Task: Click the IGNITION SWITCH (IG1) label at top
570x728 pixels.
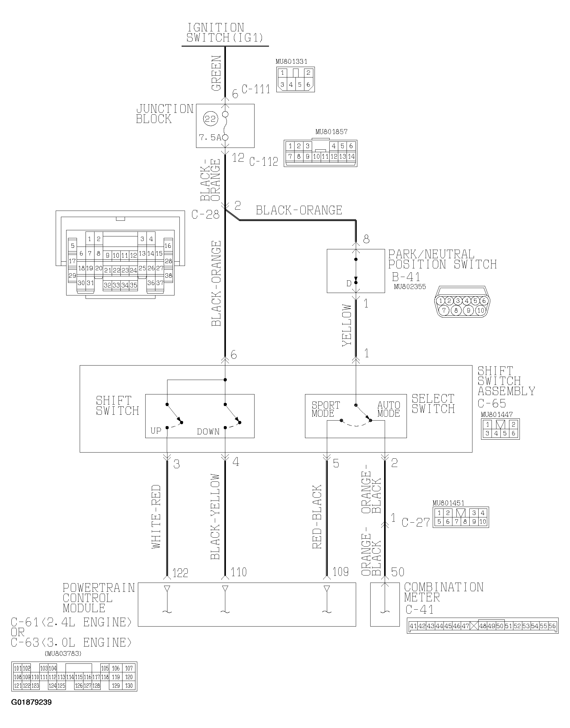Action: pyautogui.click(x=225, y=33)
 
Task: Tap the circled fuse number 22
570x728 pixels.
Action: pyautogui.click(x=210, y=119)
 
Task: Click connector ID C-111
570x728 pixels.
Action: pyautogui.click(x=256, y=89)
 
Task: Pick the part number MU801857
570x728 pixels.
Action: pyautogui.click(x=331, y=132)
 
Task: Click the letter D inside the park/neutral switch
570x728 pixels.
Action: pyautogui.click(x=349, y=283)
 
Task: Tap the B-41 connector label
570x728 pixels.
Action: pyautogui.click(x=406, y=277)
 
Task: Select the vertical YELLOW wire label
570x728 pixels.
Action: pyautogui.click(x=347, y=325)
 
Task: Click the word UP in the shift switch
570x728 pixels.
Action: pyautogui.click(x=156, y=431)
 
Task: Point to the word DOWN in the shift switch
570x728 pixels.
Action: pyautogui.click(x=208, y=432)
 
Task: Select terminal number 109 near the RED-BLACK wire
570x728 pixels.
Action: pyautogui.click(x=340, y=572)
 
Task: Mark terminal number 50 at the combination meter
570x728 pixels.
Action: pyautogui.click(x=397, y=572)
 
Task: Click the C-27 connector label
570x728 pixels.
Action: pyautogui.click(x=415, y=522)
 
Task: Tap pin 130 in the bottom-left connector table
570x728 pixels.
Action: pyautogui.click(x=129, y=686)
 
